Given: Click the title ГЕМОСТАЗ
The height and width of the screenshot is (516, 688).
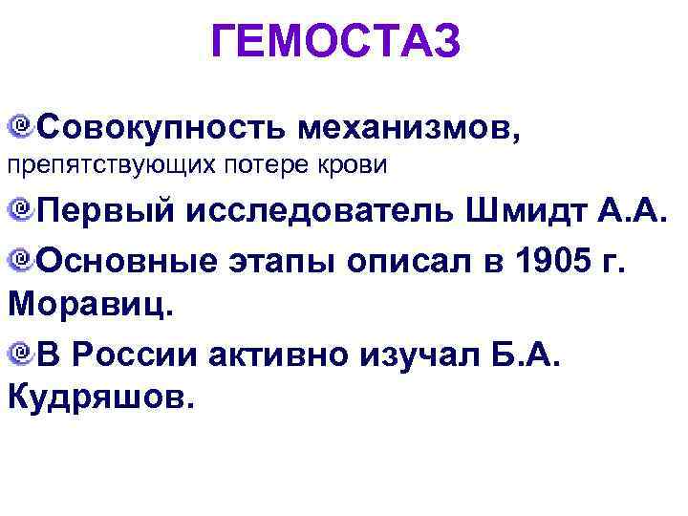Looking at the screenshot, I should (x=336, y=43).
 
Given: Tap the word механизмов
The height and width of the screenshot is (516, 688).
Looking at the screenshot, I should (x=411, y=126).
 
